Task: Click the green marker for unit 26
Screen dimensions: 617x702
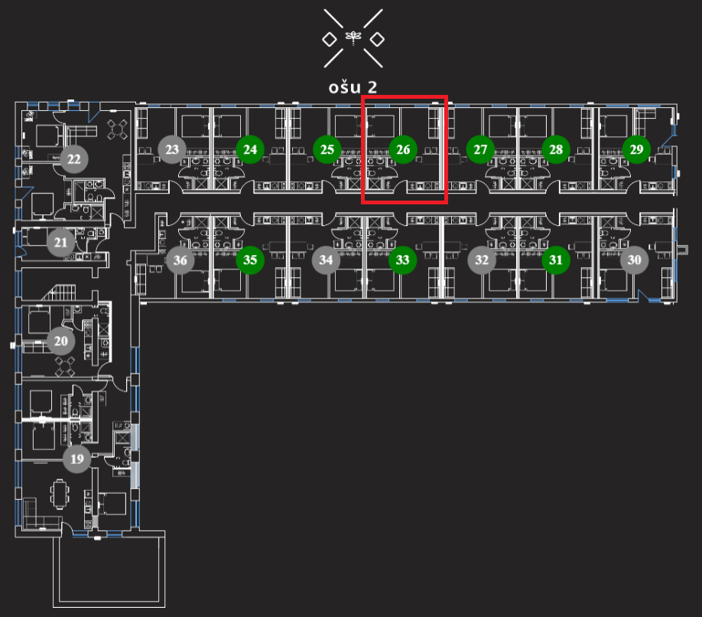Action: click(x=403, y=149)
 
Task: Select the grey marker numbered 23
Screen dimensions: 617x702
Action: click(x=172, y=149)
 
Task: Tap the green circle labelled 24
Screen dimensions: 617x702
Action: click(x=250, y=149)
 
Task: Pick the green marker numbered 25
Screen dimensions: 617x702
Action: click(x=327, y=149)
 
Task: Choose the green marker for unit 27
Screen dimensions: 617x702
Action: click(x=480, y=149)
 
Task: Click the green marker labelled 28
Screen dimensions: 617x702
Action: click(x=556, y=149)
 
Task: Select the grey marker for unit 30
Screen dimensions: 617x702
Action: click(x=634, y=260)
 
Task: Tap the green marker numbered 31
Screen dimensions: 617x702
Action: click(x=556, y=260)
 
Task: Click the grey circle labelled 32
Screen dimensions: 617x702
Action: click(x=482, y=260)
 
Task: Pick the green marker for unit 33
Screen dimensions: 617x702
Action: click(x=403, y=260)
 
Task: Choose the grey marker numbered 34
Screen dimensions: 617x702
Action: click(x=327, y=260)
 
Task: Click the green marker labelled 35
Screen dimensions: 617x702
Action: click(x=250, y=260)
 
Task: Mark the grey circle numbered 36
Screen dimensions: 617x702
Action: click(x=180, y=260)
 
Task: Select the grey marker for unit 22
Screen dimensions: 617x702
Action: click(x=74, y=159)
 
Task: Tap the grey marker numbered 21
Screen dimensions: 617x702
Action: click(x=60, y=243)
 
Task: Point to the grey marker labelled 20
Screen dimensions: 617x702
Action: click(x=61, y=341)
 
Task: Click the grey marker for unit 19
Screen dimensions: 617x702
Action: click(x=76, y=459)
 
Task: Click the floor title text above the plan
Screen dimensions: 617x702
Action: click(x=353, y=87)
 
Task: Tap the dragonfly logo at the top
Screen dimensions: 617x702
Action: click(x=353, y=37)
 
